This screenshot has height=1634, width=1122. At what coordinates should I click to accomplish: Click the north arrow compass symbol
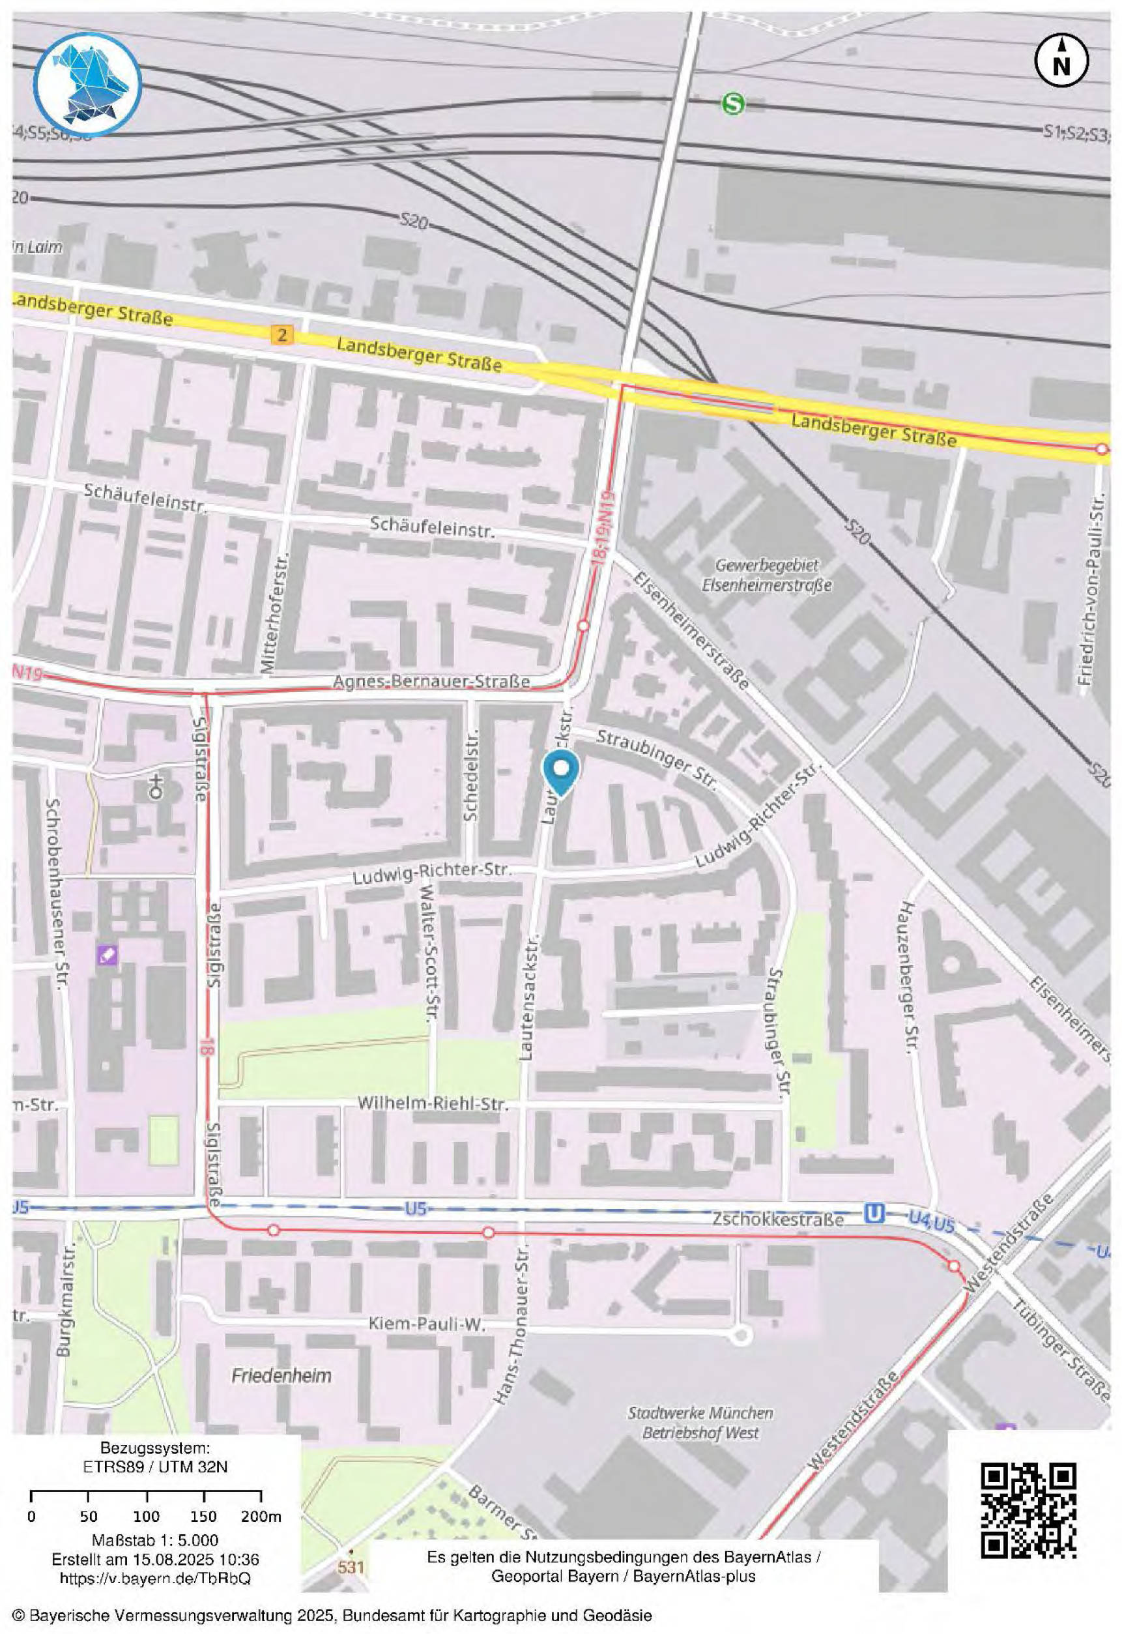point(1061,61)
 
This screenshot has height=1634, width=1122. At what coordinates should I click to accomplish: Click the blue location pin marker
point(561,772)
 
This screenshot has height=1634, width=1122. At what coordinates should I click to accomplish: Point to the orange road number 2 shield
point(282,334)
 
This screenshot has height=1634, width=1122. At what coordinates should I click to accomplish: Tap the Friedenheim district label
point(282,1375)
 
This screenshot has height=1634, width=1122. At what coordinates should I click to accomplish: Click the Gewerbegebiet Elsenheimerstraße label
point(766,574)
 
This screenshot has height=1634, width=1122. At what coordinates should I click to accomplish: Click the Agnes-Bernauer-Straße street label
point(431,681)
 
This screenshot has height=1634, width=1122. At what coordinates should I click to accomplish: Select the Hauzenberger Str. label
point(909,976)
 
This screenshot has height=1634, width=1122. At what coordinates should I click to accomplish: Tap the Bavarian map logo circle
point(88,84)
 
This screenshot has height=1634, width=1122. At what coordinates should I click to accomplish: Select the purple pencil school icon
point(108,955)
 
